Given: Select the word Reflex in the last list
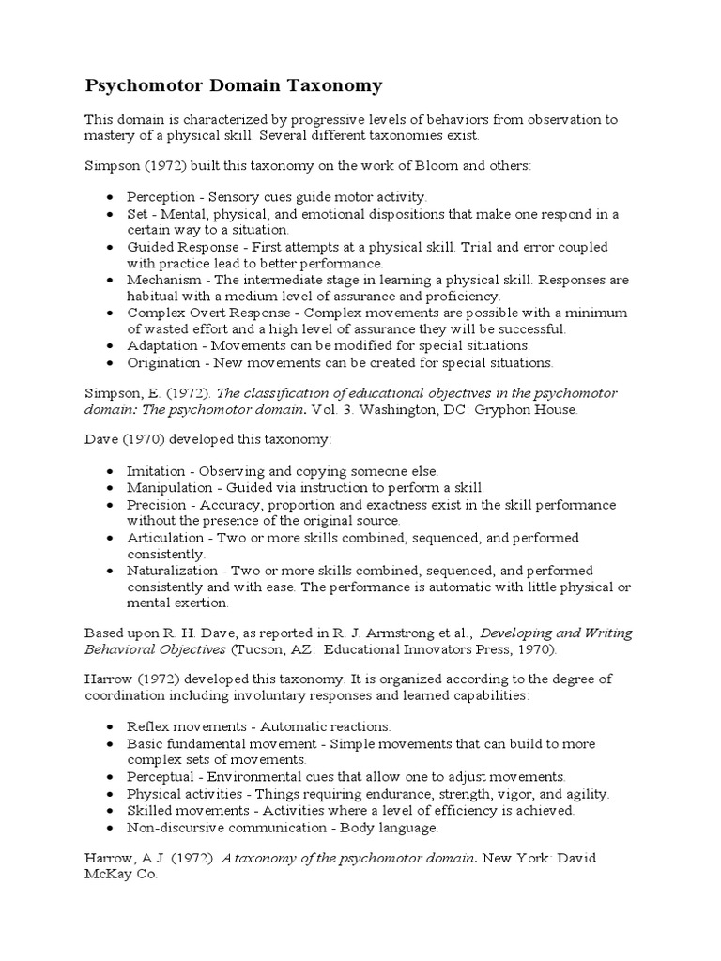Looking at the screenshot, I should click(x=147, y=726).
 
